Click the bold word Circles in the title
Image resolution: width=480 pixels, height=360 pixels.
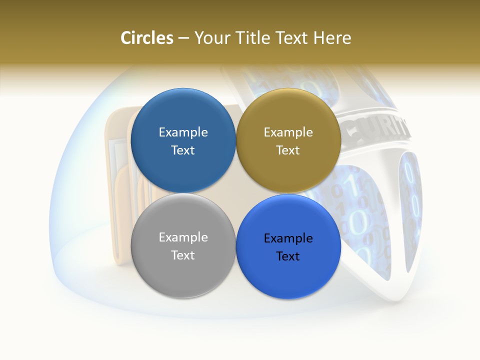(146, 38)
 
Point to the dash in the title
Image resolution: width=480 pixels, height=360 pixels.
(183, 38)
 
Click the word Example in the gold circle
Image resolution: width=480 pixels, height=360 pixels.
(288, 132)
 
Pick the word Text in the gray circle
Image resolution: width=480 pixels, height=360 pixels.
(183, 255)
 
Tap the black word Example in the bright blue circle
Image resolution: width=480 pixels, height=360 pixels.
(288, 238)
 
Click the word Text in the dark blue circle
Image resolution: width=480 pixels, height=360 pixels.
(183, 150)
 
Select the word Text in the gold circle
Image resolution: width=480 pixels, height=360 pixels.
(288, 150)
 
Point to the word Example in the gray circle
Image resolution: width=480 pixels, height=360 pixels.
(183, 237)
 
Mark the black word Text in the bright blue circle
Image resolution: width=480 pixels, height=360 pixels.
(288, 256)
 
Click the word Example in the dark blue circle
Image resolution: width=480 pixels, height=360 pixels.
(183, 132)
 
